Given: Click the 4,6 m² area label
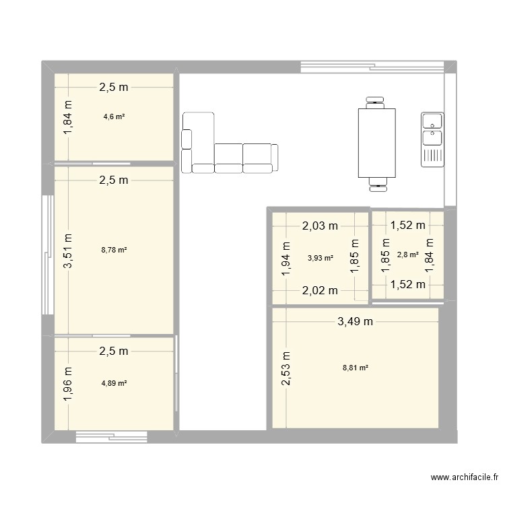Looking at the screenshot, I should click(114, 116).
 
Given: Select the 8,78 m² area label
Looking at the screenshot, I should click(114, 250).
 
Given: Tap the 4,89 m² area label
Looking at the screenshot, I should click(114, 383).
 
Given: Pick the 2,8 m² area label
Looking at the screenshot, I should click(408, 255).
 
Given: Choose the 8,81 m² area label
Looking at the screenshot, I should click(355, 368).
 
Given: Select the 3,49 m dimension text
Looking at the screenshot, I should click(355, 321).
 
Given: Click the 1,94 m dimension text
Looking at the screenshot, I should click(285, 257).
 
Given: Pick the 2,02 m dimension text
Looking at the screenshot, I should click(320, 290).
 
